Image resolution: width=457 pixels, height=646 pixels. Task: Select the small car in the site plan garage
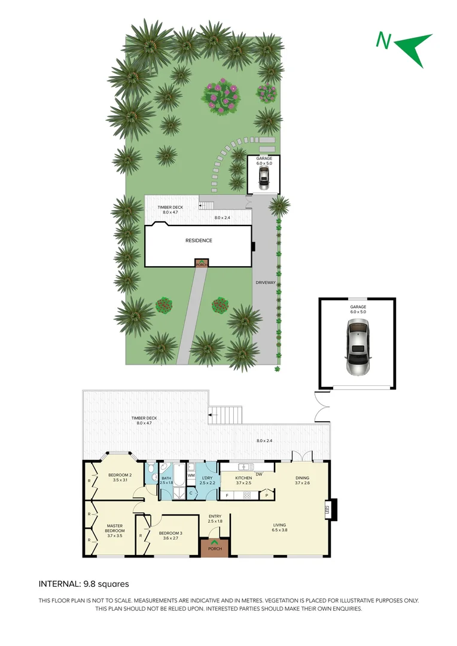tap(264, 176)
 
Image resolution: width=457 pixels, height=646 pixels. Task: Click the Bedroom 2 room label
tap(120, 477)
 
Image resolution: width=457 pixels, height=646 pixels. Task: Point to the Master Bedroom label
tap(114, 529)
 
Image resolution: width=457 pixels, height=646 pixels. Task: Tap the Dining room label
tap(303, 480)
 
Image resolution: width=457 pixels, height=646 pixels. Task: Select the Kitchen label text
tap(243, 480)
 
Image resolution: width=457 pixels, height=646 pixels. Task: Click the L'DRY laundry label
tap(207, 480)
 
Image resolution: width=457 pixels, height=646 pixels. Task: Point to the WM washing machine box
tap(191, 475)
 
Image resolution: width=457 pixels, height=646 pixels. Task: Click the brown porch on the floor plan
tap(215, 548)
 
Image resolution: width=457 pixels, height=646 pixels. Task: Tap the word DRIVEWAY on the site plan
tap(264, 282)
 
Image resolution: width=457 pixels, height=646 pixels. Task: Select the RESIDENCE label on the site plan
tap(198, 240)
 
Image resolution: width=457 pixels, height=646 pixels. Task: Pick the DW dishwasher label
tap(259, 474)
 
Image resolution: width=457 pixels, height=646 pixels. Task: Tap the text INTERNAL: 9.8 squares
tap(83, 584)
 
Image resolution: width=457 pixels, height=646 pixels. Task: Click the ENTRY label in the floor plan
tap(215, 519)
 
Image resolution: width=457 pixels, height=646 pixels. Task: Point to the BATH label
tap(166, 480)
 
